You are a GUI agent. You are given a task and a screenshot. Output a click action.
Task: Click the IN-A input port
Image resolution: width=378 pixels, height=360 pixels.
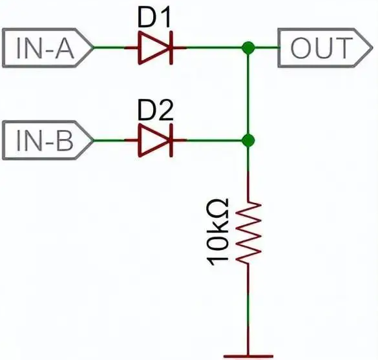tap(48, 48)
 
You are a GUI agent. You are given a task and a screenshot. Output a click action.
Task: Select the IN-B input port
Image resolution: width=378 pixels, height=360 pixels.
tap(48, 140)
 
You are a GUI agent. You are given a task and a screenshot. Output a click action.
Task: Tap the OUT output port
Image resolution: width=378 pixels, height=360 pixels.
tap(325, 48)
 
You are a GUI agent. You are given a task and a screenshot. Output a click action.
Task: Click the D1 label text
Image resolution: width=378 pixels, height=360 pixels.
tap(154, 17)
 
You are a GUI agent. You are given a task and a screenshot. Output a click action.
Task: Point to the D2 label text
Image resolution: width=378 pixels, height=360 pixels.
tap(156, 111)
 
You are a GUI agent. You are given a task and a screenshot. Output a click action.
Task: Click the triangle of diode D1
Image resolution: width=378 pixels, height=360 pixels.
tap(154, 48)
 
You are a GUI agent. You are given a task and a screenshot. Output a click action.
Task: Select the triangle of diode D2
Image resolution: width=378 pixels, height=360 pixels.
tap(154, 140)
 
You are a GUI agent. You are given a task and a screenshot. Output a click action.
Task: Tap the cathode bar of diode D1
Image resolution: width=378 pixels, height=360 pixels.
tap(171, 48)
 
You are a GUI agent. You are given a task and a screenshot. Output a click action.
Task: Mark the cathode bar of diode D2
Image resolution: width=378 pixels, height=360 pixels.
tap(171, 140)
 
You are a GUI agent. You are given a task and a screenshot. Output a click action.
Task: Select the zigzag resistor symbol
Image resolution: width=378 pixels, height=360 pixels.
tap(248, 232)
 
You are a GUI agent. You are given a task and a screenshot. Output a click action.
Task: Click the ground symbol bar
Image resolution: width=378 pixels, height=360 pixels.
tap(248, 356)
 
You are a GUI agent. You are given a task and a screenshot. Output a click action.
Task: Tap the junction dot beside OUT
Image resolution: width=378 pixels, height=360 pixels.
tap(248, 48)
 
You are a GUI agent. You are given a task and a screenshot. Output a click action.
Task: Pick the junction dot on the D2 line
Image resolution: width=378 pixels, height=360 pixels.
tap(248, 140)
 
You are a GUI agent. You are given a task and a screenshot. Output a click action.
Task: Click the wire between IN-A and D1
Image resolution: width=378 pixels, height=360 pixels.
tap(109, 48)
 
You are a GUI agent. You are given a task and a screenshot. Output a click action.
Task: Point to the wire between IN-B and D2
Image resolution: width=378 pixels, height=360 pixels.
tap(109, 140)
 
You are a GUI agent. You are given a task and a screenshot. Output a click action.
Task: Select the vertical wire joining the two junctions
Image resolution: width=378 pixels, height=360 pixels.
tap(248, 94)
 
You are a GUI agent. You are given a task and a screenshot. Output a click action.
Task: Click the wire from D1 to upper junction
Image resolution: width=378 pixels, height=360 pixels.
tap(214, 48)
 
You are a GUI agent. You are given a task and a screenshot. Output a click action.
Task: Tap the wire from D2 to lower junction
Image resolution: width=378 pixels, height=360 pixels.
tap(214, 140)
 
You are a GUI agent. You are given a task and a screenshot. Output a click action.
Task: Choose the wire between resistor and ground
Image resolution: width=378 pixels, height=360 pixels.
tap(248, 310)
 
